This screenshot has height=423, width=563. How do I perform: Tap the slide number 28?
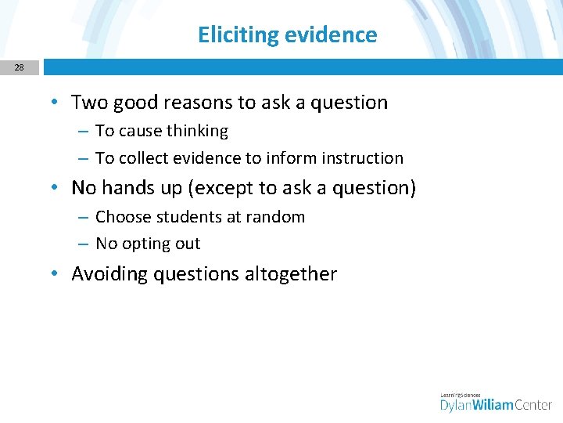point(19,67)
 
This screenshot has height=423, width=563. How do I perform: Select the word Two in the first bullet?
point(88,103)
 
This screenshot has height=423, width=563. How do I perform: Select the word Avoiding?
point(109,274)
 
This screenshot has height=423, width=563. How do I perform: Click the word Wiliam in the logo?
point(489,404)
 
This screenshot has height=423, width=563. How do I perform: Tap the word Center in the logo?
point(534,404)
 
